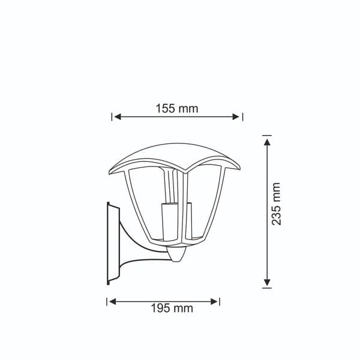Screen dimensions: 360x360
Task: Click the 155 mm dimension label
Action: click(x=177, y=109)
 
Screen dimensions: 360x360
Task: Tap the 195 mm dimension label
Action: click(x=172, y=308)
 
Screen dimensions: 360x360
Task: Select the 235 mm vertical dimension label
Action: click(x=276, y=203)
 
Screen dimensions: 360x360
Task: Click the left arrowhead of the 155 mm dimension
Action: click(x=118, y=116)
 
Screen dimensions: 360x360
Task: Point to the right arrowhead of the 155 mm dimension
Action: click(x=236, y=116)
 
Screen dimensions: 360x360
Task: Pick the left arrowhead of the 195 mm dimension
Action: click(x=113, y=302)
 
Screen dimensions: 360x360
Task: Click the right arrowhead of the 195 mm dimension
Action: click(x=214, y=302)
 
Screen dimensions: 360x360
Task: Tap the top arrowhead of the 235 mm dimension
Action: click(x=267, y=142)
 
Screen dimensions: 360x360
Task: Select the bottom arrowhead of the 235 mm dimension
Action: click(x=267, y=283)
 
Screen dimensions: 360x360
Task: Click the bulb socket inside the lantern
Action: click(x=169, y=221)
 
